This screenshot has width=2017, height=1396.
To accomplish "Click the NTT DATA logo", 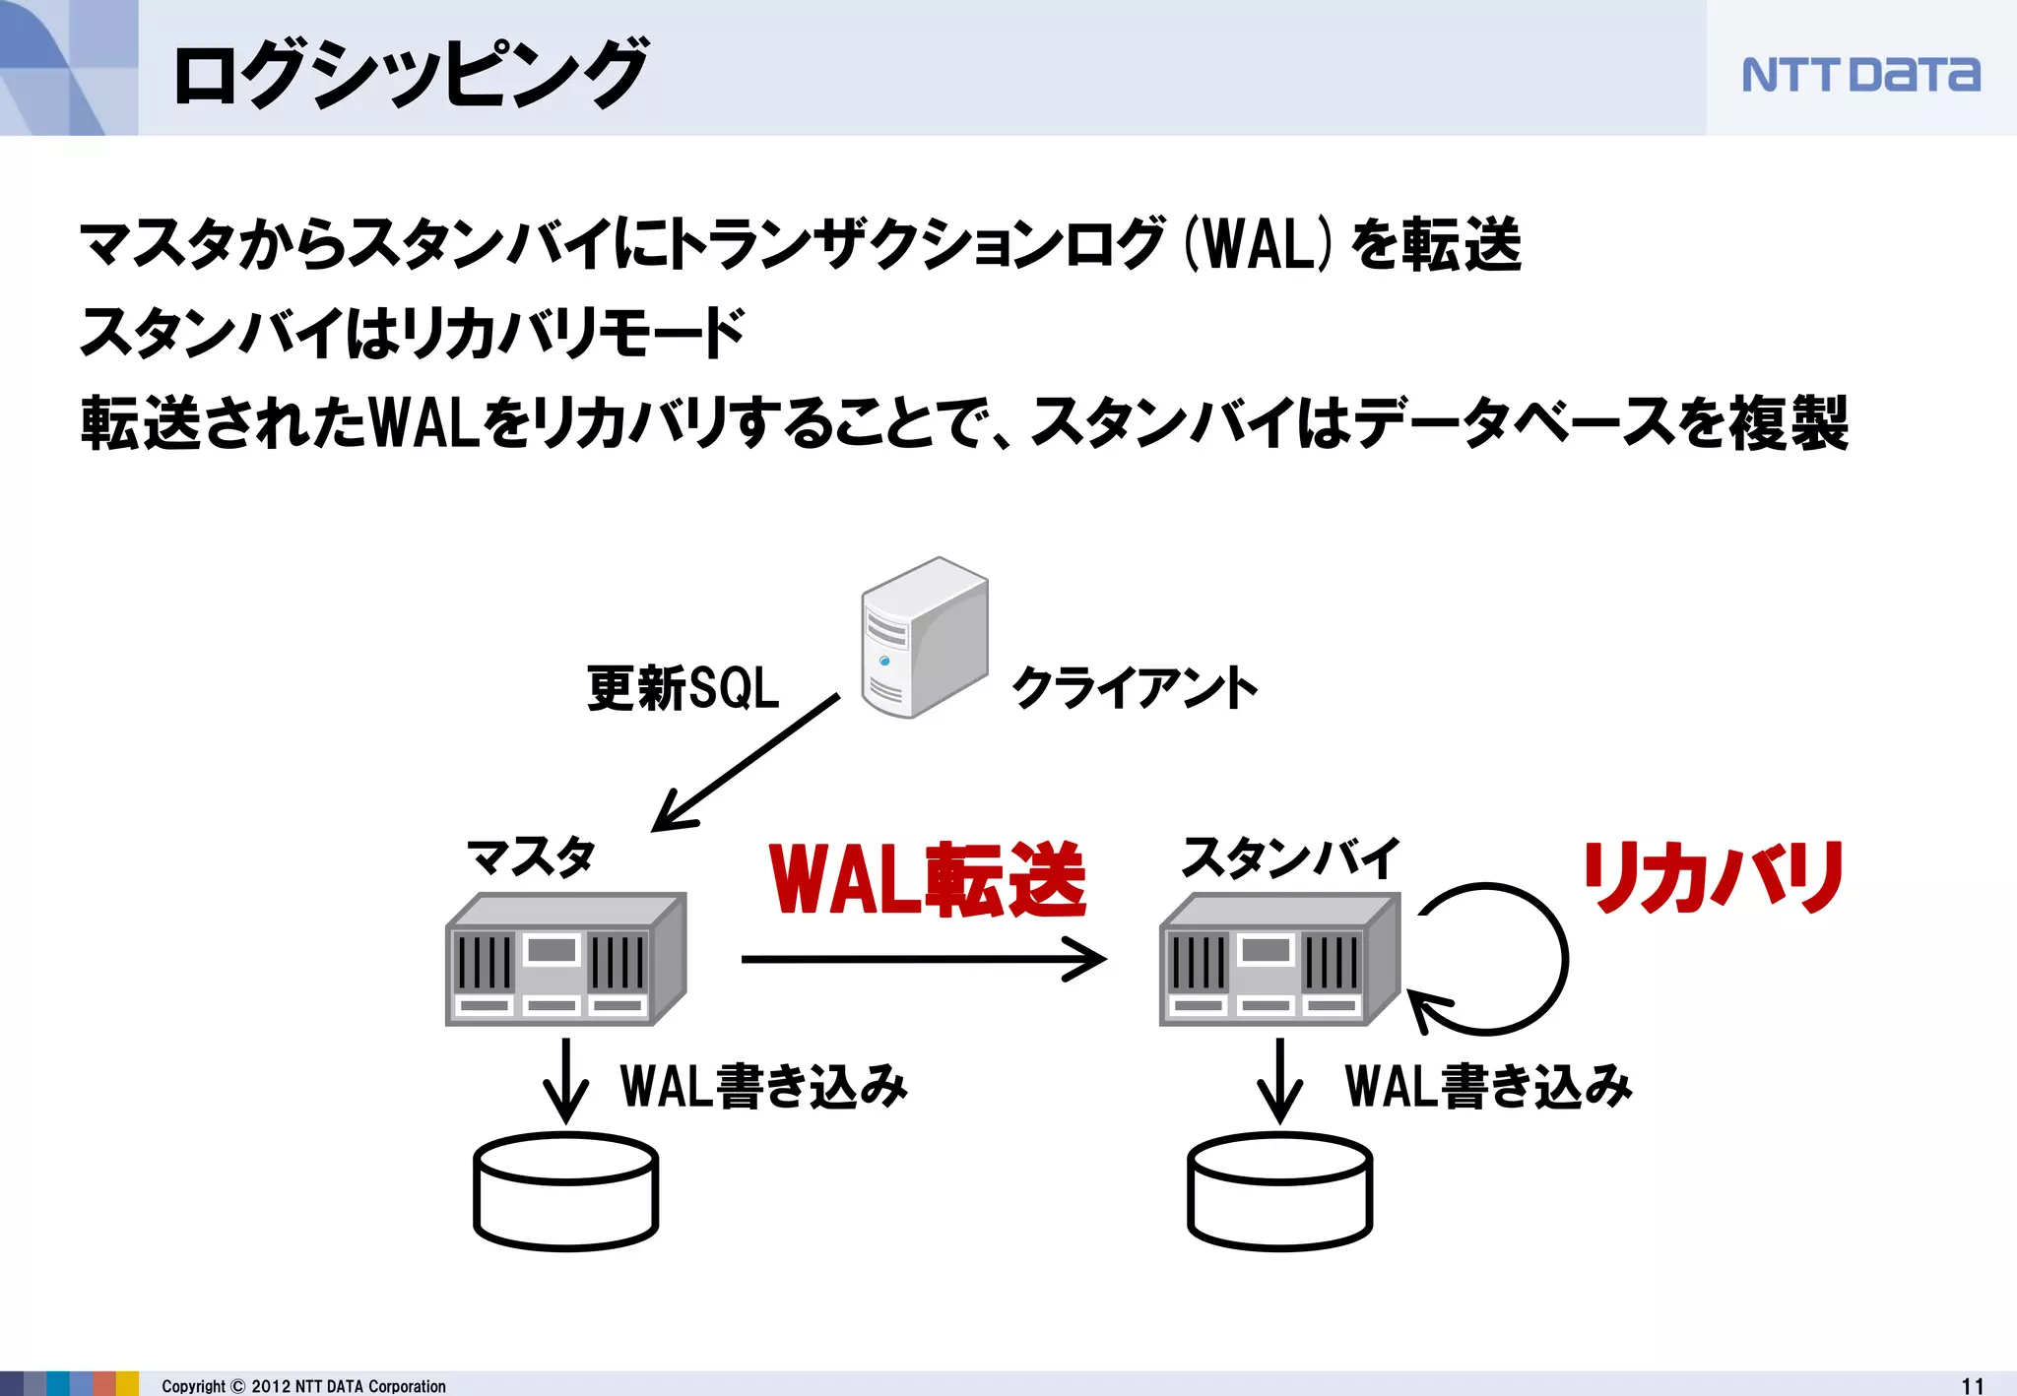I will click(1859, 75).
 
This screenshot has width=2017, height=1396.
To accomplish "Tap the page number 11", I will click(1972, 1385).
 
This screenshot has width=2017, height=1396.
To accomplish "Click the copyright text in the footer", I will click(303, 1385).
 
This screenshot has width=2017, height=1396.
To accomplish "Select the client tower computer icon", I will click(923, 638).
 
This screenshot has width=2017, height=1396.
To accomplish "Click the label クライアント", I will click(1135, 687).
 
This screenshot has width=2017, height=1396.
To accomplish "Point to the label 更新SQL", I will click(683, 687).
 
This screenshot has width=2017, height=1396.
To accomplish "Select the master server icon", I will click(565, 960).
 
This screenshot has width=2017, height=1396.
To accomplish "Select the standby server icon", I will click(1279, 960).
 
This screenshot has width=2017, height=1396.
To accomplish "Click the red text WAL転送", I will click(927, 879).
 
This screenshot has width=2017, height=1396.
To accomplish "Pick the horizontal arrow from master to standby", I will click(923, 959).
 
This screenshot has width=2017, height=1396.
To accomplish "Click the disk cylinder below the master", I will click(565, 1191).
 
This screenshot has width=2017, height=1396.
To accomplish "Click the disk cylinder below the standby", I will click(1279, 1191).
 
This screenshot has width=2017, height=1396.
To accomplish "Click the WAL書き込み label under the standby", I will click(1488, 1086).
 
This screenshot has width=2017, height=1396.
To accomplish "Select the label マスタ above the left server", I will click(531, 857).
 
